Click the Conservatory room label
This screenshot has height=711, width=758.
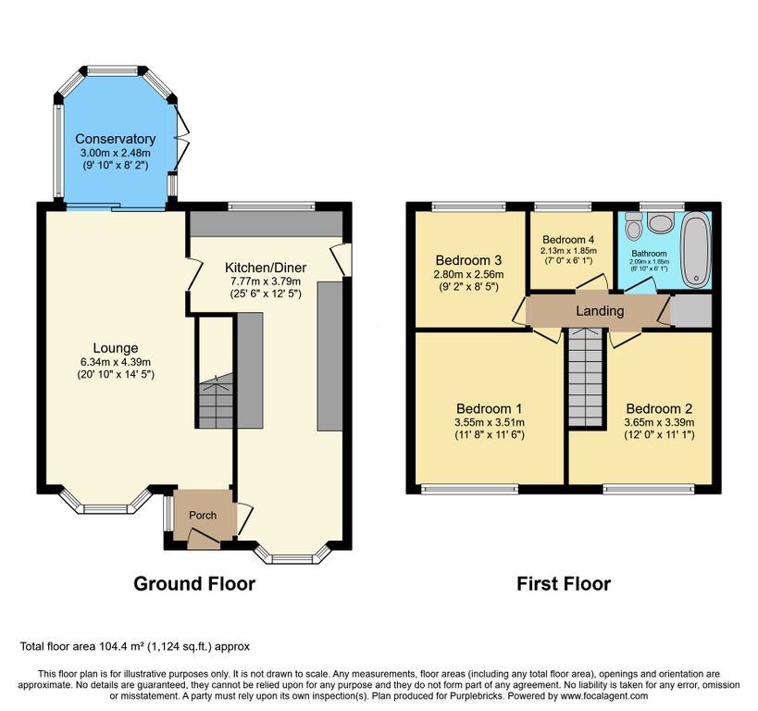pos(115,139)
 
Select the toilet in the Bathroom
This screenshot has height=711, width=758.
pos(632,225)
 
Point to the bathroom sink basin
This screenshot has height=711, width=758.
pos(660,223)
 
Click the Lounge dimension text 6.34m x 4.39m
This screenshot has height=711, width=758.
pos(116,362)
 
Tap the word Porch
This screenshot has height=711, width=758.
pos(203,516)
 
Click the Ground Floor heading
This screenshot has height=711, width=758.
pos(194,584)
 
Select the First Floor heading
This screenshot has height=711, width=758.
pos(564,584)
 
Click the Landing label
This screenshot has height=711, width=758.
pos(600,311)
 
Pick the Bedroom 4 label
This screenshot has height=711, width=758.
pos(568,240)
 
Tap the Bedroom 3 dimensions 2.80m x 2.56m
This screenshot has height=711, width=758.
pos(468,275)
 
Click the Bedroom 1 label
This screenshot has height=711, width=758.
pos(490,408)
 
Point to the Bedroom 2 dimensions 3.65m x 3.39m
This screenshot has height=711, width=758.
pos(659,423)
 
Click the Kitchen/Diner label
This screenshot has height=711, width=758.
pos(266,268)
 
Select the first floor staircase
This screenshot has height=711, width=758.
pos(587,377)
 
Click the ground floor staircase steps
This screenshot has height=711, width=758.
pos(216,401)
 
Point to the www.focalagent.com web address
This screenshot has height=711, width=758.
pos(604,696)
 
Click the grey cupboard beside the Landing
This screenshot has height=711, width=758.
pos(690,310)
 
